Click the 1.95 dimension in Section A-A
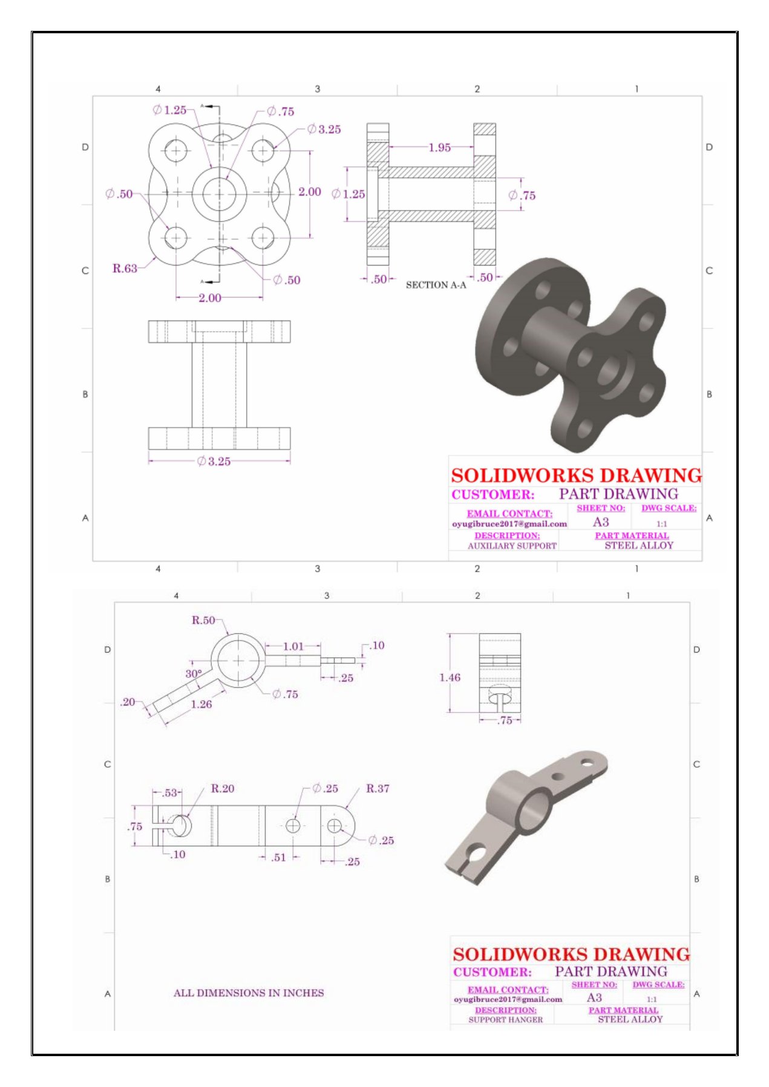coord(439,147)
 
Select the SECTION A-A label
coord(436,285)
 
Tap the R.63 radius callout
coord(125,268)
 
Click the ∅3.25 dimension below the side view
coord(214,462)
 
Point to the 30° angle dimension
coord(194,673)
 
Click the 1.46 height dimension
coord(450,677)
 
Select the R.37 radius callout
coord(378,788)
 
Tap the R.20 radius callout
coord(222,788)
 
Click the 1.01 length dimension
coord(293,646)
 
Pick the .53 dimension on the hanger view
coord(170,792)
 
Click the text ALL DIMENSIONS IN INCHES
coord(249,993)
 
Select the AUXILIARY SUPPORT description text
coord(512,546)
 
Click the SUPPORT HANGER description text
coord(505,1019)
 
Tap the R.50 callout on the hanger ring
coord(203,620)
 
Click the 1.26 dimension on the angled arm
coord(201,704)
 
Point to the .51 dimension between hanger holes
coord(278,857)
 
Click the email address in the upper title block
coord(509,524)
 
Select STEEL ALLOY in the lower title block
coord(630,1019)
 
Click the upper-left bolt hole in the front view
coord(176,150)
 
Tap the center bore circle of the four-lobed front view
coord(219,194)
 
